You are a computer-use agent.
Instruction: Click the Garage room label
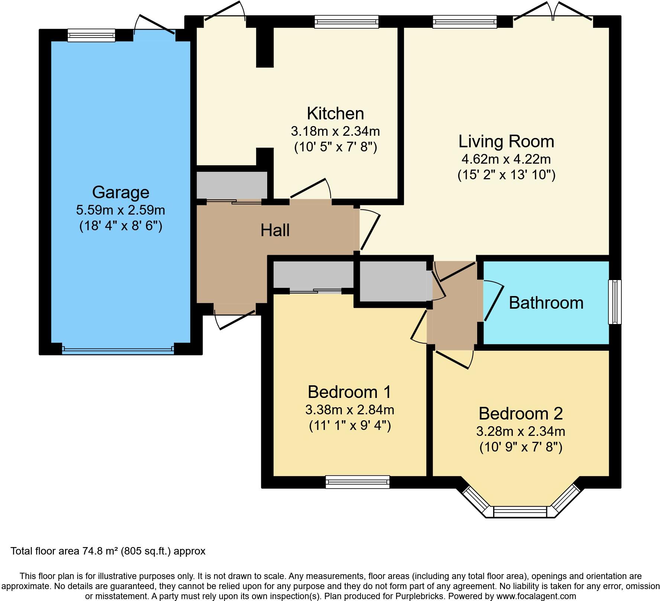tap(120, 192)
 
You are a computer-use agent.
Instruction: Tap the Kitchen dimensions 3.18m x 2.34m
tap(335, 131)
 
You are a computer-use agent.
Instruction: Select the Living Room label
tap(506, 142)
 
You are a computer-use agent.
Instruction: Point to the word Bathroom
tap(546, 303)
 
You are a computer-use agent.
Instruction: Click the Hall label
tap(275, 230)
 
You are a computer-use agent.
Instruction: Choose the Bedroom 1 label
tap(349, 392)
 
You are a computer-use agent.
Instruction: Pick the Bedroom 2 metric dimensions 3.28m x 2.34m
tap(521, 431)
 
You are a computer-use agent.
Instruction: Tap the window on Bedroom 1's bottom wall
tap(357, 482)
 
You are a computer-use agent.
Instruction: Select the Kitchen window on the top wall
tap(346, 22)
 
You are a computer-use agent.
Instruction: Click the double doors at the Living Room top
tap(553, 13)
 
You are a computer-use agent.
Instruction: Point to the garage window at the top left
tap(91, 35)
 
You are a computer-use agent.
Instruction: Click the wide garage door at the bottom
tap(118, 349)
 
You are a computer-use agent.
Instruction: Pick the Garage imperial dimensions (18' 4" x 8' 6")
tap(120, 226)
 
